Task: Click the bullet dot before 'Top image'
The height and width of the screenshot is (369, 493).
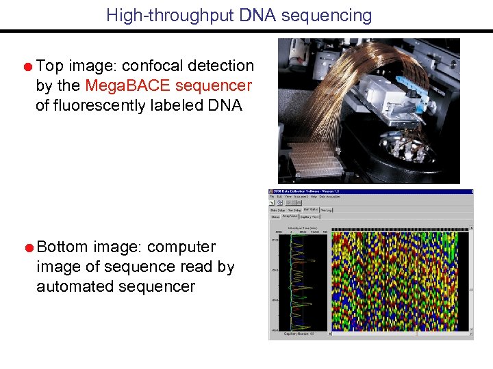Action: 27,67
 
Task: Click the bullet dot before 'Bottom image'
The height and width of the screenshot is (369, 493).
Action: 27,247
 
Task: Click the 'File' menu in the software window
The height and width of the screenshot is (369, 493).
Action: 272,197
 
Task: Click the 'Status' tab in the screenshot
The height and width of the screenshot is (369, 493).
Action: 275,217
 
